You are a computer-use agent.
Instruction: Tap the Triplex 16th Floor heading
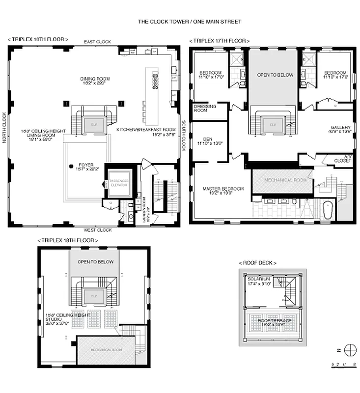pyautogui.click(x=38, y=39)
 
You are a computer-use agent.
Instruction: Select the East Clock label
pyautogui.click(x=97, y=42)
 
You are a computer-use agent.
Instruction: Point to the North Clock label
pyautogui.click(x=4, y=128)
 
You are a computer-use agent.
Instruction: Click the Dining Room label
pyautogui.click(x=95, y=81)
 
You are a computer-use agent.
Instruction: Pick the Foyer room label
pyautogui.click(x=85, y=167)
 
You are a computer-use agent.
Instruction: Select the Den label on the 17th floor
pyautogui.click(x=208, y=141)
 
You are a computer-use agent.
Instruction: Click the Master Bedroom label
pyautogui.click(x=223, y=191)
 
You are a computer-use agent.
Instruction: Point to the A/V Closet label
pyautogui.click(x=344, y=159)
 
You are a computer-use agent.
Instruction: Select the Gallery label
pyautogui.click(x=340, y=129)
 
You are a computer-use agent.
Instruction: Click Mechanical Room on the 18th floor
pyautogui.click(x=106, y=350)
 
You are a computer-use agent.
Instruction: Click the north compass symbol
pyautogui.click(x=350, y=350)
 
